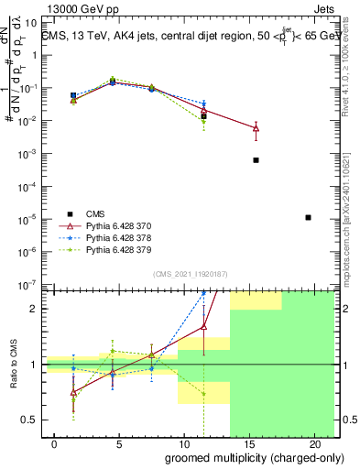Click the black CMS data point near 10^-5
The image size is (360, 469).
coord(308,217)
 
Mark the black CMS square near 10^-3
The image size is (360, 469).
coord(256,159)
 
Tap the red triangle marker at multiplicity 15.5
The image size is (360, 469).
coord(256,128)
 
